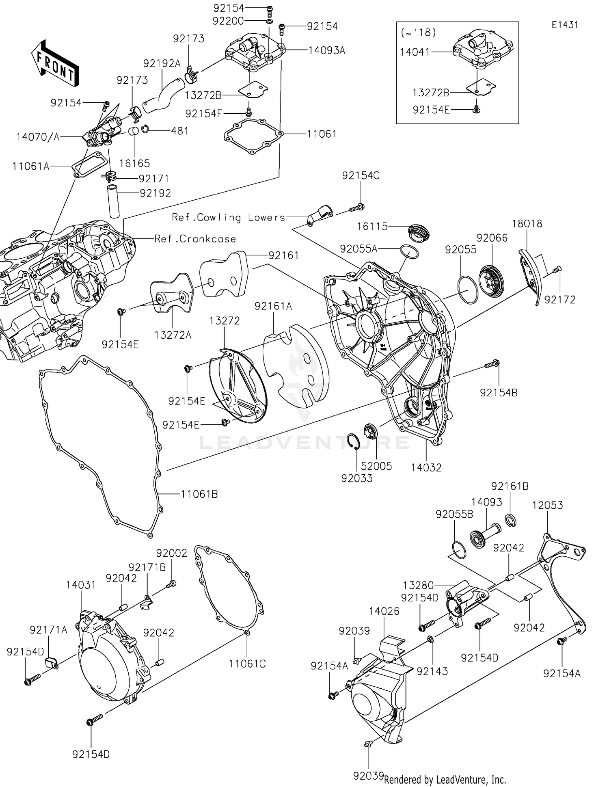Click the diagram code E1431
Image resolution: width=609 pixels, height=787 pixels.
(564, 25)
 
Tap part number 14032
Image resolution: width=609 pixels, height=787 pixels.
(426, 467)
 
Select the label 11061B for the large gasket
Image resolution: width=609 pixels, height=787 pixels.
(199, 494)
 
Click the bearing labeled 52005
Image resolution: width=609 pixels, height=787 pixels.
(371, 430)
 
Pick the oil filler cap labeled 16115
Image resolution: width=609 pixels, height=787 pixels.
(418, 233)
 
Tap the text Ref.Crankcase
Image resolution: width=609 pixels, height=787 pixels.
(195, 239)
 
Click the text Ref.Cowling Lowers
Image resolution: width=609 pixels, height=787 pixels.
(229, 217)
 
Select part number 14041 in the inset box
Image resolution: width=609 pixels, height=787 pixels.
(415, 52)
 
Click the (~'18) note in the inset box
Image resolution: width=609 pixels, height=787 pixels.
(418, 32)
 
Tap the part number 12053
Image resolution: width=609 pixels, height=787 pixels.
(547, 505)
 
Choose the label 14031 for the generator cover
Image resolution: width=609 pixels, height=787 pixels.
(81, 585)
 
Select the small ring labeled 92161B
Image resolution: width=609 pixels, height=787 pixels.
(510, 520)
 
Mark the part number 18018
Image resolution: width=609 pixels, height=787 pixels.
(527, 223)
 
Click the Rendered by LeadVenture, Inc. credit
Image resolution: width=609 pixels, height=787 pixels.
(445, 779)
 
